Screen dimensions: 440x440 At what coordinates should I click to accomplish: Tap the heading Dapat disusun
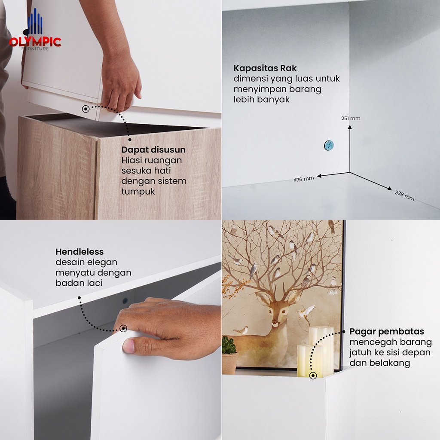click(x=153, y=150)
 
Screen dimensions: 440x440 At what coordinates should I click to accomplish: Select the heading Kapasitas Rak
click(x=265, y=68)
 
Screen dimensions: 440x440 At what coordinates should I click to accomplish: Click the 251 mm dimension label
click(x=351, y=119)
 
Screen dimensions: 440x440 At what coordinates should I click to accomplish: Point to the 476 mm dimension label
click(x=304, y=179)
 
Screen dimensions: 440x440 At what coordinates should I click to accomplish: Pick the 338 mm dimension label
click(x=404, y=196)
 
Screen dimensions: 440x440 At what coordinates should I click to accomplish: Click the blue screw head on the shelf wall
click(x=329, y=145)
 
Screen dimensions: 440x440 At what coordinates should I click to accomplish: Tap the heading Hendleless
click(x=79, y=252)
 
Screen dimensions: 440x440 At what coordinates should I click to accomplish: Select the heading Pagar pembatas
click(x=387, y=331)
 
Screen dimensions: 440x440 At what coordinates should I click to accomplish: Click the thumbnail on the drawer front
click(x=129, y=345)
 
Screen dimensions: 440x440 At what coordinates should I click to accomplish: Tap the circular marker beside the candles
click(x=313, y=376)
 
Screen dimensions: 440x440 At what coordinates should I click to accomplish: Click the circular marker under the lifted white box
click(x=86, y=109)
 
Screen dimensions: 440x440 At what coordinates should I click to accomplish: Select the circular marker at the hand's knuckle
click(x=123, y=328)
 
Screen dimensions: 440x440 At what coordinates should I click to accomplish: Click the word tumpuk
click(x=138, y=192)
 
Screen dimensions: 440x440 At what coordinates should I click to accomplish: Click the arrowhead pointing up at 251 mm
click(x=350, y=127)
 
